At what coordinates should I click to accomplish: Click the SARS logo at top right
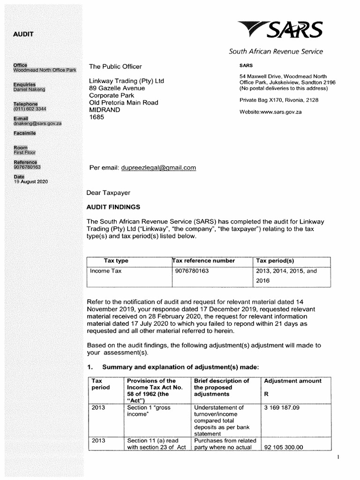pyautogui.click(x=280, y=30)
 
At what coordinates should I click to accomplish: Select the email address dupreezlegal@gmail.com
pyautogui.click(x=158, y=168)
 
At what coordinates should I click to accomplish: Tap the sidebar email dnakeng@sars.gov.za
pyautogui.click(x=37, y=123)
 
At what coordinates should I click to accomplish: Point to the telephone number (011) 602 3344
pyautogui.click(x=30, y=109)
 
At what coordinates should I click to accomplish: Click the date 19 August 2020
pyautogui.click(x=30, y=181)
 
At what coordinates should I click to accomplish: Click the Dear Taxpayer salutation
pyautogui.click(x=108, y=193)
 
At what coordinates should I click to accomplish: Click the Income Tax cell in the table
pyautogui.click(x=106, y=271)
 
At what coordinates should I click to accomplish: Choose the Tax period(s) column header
pyautogui.click(x=275, y=261)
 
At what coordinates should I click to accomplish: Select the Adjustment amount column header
pyautogui.click(x=292, y=381)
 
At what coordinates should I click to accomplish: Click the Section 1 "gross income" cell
pyautogui.click(x=149, y=411)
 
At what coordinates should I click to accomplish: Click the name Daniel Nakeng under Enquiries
pyautogui.click(x=29, y=89)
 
